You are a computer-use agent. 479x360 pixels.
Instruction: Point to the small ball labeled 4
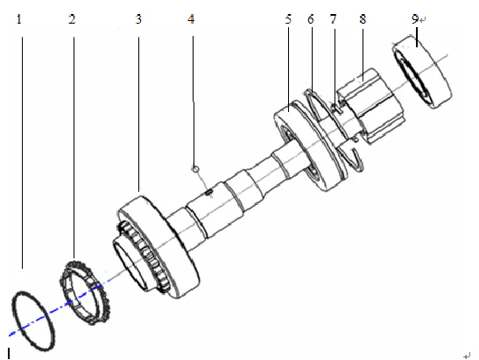coord(198,166)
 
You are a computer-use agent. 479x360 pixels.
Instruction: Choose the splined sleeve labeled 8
coord(368,97)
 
